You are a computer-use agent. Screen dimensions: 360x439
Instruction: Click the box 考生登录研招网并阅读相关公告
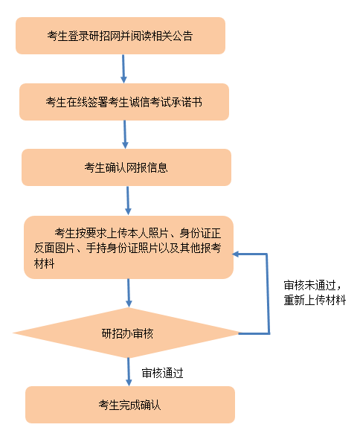click(120, 36)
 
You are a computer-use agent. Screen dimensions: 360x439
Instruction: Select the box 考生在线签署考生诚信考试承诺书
click(124, 102)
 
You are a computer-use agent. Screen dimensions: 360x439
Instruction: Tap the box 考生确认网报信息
click(126, 167)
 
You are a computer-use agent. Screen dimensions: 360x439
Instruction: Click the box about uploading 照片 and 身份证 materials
click(129, 247)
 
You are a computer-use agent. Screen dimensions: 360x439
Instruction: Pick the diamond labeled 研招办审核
click(126, 333)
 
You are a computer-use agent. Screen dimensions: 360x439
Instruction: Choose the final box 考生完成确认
click(130, 405)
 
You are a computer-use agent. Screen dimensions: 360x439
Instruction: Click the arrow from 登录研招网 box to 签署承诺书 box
click(123, 69)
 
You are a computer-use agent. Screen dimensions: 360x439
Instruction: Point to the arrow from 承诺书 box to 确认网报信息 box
click(125, 135)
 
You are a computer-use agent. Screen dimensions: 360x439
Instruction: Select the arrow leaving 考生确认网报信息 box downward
click(128, 201)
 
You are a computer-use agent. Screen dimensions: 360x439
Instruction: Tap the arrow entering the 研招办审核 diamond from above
click(129, 293)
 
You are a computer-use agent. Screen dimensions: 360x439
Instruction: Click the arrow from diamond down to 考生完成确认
click(129, 372)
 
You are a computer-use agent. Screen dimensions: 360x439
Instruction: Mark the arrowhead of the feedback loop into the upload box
click(236, 254)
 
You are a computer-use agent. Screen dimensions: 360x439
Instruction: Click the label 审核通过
click(162, 374)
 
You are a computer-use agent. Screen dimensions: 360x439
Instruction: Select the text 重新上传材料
click(315, 300)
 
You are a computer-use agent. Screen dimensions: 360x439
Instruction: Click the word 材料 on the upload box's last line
click(44, 263)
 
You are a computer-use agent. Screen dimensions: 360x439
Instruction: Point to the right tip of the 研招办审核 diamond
click(240, 333)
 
